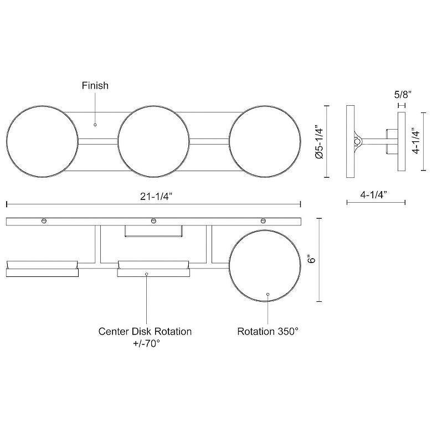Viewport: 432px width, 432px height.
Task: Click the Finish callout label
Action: point(95,85)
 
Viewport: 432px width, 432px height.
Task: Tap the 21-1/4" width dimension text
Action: point(156,197)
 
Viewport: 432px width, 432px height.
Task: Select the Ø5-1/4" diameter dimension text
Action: point(320,141)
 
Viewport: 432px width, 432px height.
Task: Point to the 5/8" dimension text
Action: point(403,95)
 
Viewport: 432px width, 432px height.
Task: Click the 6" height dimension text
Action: point(311,260)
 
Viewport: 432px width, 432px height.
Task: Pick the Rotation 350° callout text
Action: point(268,331)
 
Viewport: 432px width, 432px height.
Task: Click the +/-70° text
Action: point(147,343)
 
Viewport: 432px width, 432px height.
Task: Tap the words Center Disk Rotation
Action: point(145,331)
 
